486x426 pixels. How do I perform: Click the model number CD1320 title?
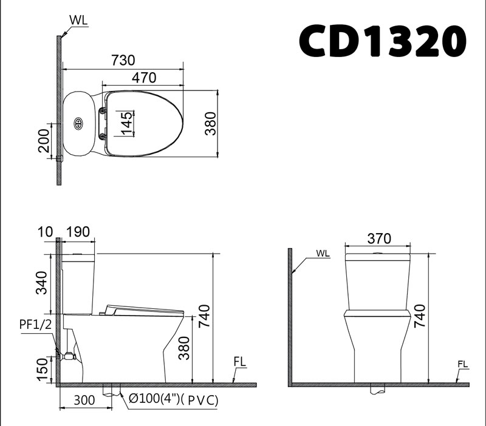(383, 41)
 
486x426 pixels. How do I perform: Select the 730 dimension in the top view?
(123, 60)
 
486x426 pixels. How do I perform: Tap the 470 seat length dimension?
(145, 77)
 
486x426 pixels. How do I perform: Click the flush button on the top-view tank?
(78, 123)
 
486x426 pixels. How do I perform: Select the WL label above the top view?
(78, 19)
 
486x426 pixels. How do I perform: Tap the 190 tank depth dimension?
(78, 232)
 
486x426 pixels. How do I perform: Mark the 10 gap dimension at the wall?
(44, 232)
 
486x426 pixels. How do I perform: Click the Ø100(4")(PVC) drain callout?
(173, 400)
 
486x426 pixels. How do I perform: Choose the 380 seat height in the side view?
(185, 350)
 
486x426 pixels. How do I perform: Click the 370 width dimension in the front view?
(378, 238)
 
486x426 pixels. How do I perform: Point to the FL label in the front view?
(464, 364)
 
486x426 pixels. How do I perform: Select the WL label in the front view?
(323, 254)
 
